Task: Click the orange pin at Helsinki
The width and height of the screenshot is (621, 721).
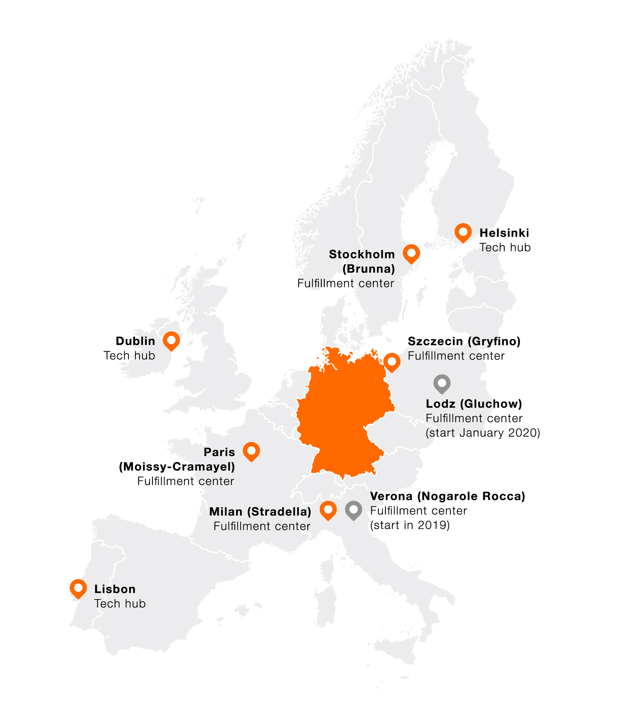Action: [x=463, y=232]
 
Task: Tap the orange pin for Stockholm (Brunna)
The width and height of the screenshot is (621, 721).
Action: [x=411, y=253]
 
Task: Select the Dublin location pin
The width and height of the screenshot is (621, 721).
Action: [x=171, y=340]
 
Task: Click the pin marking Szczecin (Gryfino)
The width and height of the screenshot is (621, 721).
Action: [x=392, y=362]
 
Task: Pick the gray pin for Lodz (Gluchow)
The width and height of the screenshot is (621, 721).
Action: [x=442, y=384]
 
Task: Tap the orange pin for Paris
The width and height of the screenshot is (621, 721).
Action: [x=251, y=451]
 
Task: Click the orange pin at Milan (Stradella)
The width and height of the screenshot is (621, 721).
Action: [x=328, y=510]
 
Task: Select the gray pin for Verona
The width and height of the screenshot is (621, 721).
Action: [x=353, y=510]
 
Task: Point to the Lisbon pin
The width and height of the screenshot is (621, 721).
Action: [x=78, y=588]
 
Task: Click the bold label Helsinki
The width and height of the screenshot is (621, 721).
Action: [x=504, y=233]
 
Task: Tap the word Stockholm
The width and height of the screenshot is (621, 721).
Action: [x=362, y=254]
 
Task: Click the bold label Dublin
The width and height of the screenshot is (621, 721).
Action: [x=135, y=341]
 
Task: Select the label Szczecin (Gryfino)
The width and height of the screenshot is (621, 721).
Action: [x=464, y=341]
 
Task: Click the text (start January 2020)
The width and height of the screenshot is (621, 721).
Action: [x=483, y=433]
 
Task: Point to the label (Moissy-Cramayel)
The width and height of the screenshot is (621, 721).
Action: [x=177, y=467]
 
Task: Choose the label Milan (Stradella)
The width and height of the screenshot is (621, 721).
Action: [x=260, y=512]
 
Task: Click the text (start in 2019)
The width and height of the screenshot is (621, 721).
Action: [x=410, y=525]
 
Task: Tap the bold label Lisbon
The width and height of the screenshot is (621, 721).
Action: [x=115, y=589]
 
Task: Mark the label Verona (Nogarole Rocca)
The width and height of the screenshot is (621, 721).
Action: [x=447, y=496]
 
